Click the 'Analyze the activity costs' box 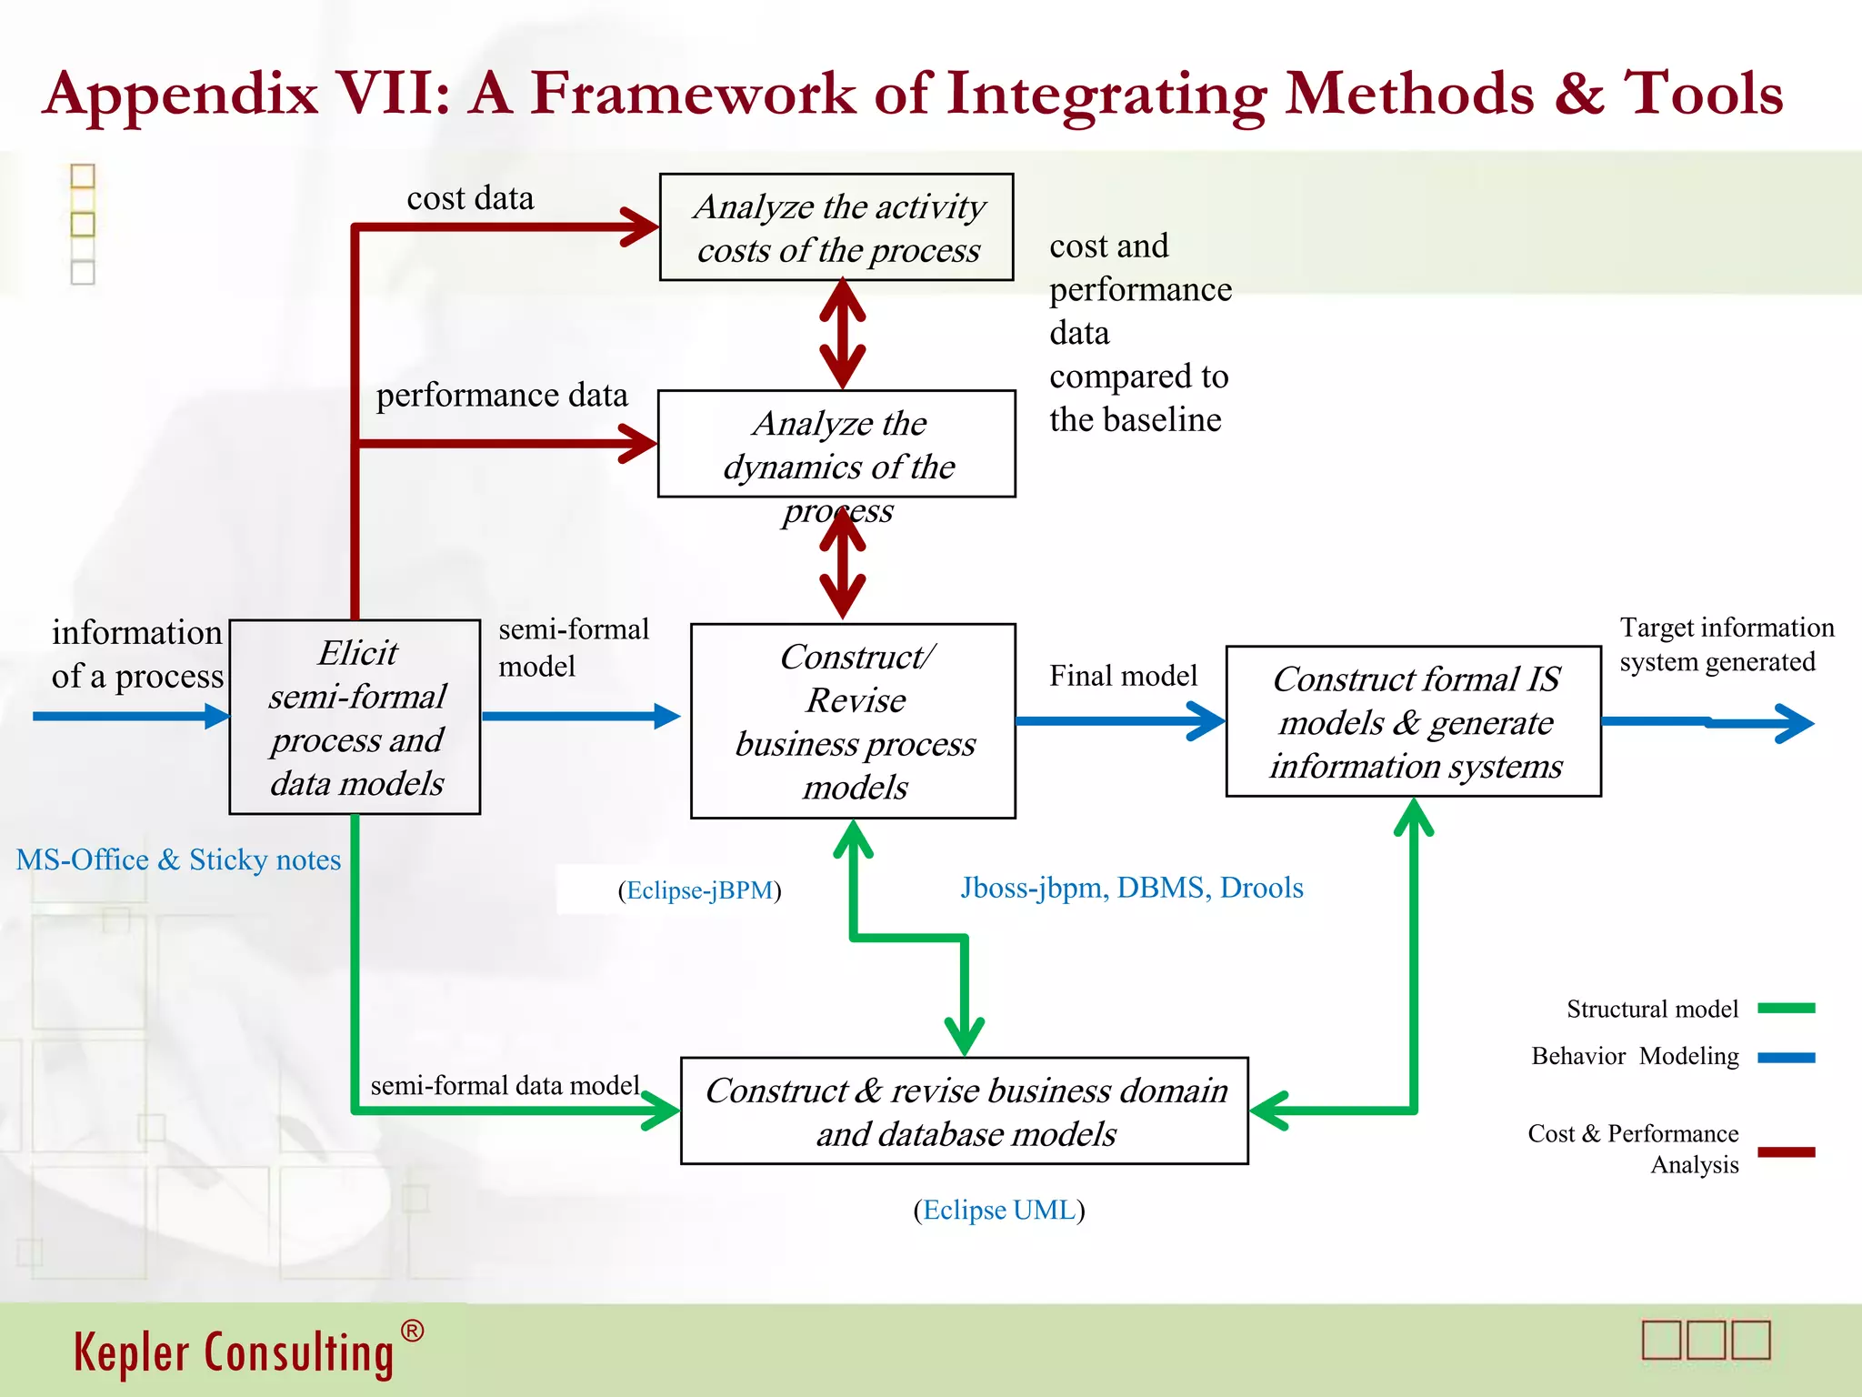(836, 227)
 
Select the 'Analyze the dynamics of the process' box (836, 444)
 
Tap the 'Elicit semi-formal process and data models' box (355, 717)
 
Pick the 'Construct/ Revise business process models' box (853, 720)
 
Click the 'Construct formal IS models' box (1413, 721)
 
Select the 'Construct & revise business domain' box (964, 1111)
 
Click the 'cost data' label (470, 198)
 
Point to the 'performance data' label (502, 396)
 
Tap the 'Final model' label (1123, 676)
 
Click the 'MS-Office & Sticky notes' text (178, 859)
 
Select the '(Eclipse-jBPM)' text (699, 890)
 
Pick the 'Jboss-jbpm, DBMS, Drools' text (1132, 888)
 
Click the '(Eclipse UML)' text (998, 1211)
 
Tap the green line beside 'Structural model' (1786, 1008)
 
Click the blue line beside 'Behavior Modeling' (1786, 1058)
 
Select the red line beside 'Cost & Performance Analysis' (1786, 1152)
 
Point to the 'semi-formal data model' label (505, 1086)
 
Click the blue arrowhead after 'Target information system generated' (1796, 724)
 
